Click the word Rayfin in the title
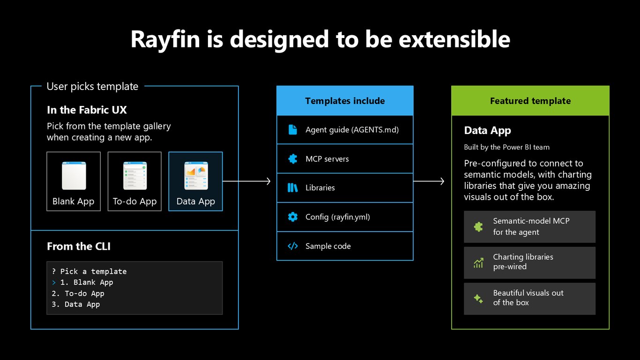165,40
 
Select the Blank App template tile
74,181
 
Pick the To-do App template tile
134,181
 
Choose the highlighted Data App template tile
195,181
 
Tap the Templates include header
345,101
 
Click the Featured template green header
530,101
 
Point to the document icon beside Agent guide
292,130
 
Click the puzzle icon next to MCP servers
292,159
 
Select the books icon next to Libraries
292,187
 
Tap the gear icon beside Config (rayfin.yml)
292,217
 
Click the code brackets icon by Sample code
292,246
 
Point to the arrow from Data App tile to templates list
246,181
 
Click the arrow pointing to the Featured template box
429,181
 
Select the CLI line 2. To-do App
78,293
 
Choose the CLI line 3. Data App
76,304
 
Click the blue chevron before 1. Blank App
54,283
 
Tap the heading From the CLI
79,246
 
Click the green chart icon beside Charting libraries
478,263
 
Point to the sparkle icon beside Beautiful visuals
478,299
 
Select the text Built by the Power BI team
506,147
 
